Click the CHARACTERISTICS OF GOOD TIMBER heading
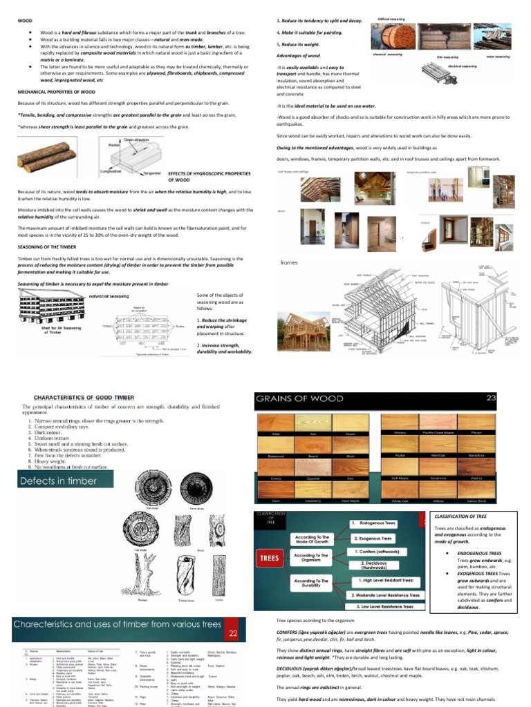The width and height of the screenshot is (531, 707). [102, 398]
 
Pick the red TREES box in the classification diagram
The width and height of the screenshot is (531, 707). [270, 556]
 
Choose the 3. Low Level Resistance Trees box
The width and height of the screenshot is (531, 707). [384, 607]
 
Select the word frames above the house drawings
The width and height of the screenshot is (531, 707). [289, 262]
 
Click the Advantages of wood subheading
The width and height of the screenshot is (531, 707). [298, 55]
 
